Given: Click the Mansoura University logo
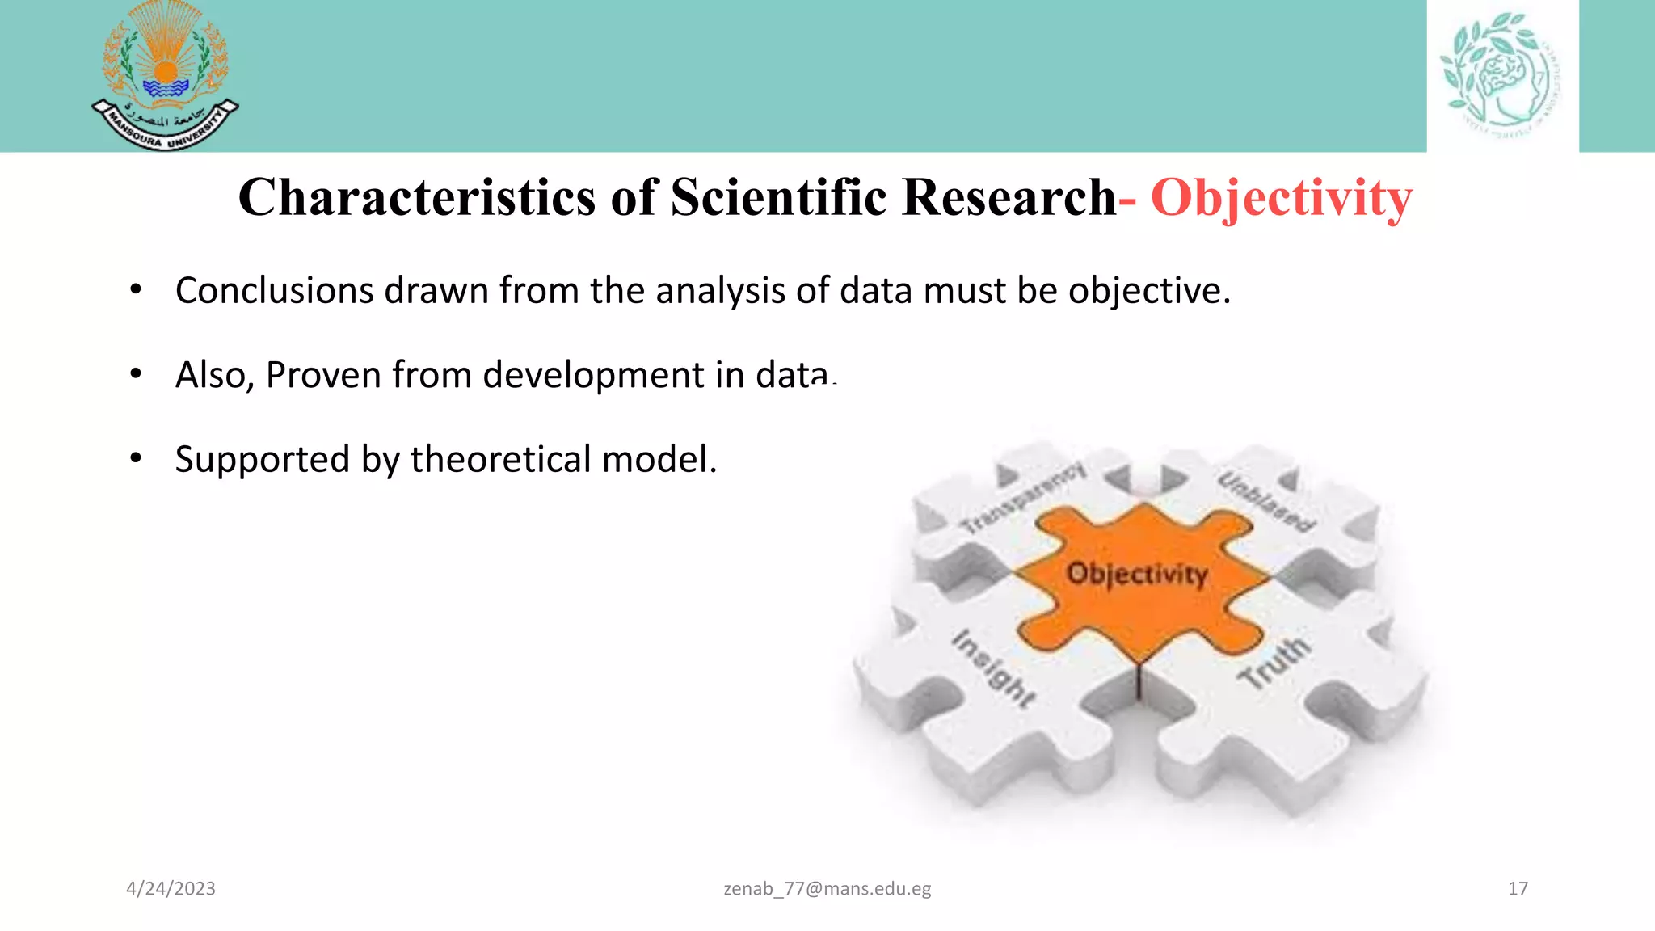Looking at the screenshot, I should [x=165, y=77].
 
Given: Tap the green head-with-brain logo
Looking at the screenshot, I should [x=1501, y=74].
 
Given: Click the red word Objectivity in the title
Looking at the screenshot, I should [x=1281, y=198].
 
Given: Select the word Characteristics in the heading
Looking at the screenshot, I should [x=417, y=197].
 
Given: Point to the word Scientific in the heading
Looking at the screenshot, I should [x=778, y=197].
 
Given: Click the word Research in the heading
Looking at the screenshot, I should [x=1008, y=197].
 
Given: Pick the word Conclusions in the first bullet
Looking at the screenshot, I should [x=274, y=291].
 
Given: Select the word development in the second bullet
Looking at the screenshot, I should [x=593, y=376].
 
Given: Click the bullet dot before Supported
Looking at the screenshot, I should [x=136, y=459].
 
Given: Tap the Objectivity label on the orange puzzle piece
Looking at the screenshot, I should [x=1137, y=574].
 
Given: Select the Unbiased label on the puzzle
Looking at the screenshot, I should [x=1266, y=501].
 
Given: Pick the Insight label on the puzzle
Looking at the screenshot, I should [x=993, y=668].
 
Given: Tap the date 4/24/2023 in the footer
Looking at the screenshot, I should [x=171, y=889].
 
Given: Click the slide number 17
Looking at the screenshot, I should [x=1518, y=889].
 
